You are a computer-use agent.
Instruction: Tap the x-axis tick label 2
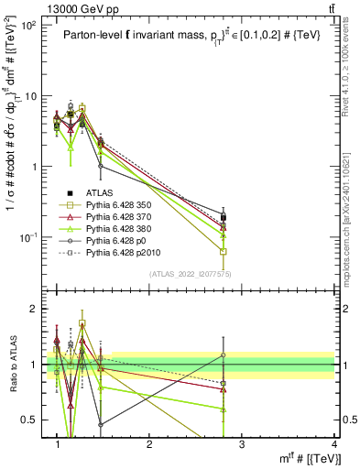(149, 443)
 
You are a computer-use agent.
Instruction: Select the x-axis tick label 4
(334, 443)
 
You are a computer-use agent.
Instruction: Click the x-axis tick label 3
(242, 443)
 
